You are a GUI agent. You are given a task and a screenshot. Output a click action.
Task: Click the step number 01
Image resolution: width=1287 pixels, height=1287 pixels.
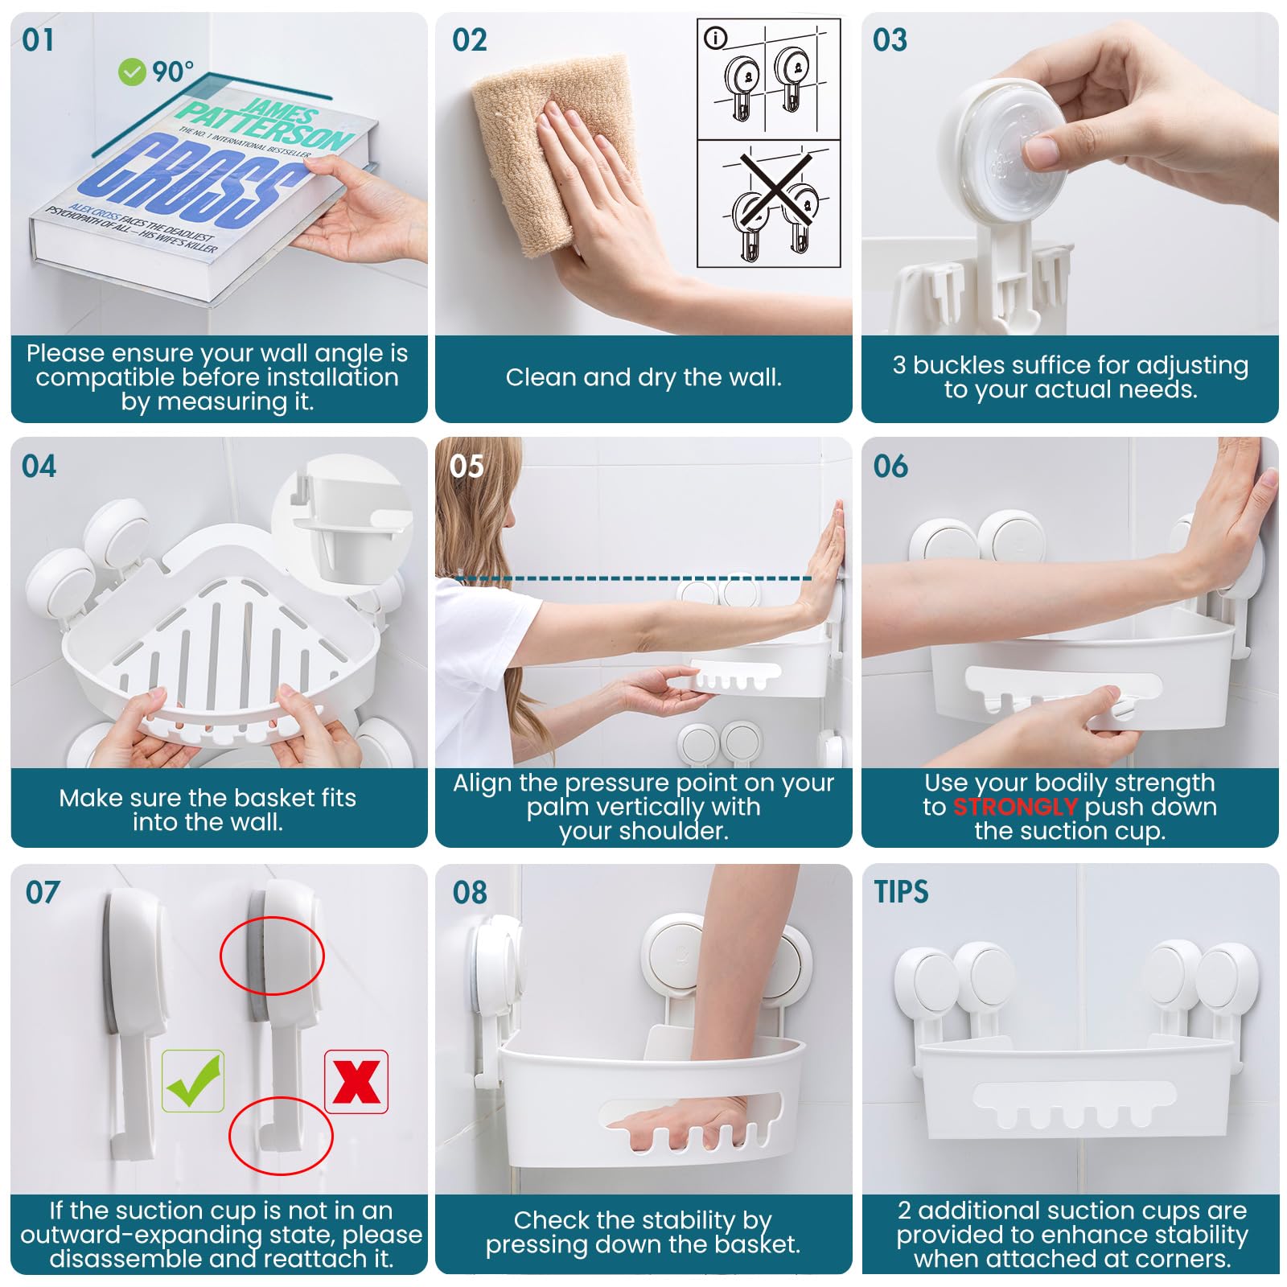[x=38, y=40]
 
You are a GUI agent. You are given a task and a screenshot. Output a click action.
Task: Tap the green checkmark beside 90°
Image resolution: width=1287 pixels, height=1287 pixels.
[x=131, y=72]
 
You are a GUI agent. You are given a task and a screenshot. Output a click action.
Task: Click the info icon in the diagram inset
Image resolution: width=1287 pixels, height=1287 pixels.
[x=715, y=38]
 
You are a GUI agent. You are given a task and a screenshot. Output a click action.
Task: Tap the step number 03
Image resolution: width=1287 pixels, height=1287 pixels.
[x=890, y=40]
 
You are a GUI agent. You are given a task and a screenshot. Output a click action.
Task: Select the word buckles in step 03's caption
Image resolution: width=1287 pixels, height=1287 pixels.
[x=970, y=365]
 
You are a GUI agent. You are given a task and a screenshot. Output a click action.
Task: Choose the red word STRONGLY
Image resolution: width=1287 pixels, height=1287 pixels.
[x=1015, y=807]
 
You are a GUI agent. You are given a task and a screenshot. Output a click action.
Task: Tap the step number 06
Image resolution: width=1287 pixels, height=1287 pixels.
[x=890, y=467]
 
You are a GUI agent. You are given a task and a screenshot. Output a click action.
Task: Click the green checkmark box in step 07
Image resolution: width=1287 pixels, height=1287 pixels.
[x=193, y=1081]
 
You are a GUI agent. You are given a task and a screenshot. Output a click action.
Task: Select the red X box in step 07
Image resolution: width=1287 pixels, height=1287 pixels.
[x=356, y=1082]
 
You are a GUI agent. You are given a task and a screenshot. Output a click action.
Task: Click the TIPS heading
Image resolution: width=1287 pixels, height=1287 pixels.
[x=901, y=892]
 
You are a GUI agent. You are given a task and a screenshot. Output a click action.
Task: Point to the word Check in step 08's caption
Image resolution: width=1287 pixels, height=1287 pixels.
[x=551, y=1220]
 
